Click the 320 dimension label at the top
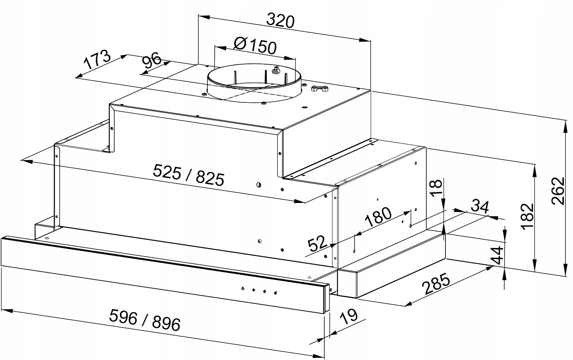pyautogui.click(x=280, y=21)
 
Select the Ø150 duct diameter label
pyautogui.click(x=255, y=46)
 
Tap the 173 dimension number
pyautogui.click(x=97, y=60)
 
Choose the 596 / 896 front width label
pyautogui.click(x=145, y=320)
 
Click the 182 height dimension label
pyautogui.click(x=528, y=216)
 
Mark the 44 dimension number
pyautogui.click(x=497, y=256)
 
